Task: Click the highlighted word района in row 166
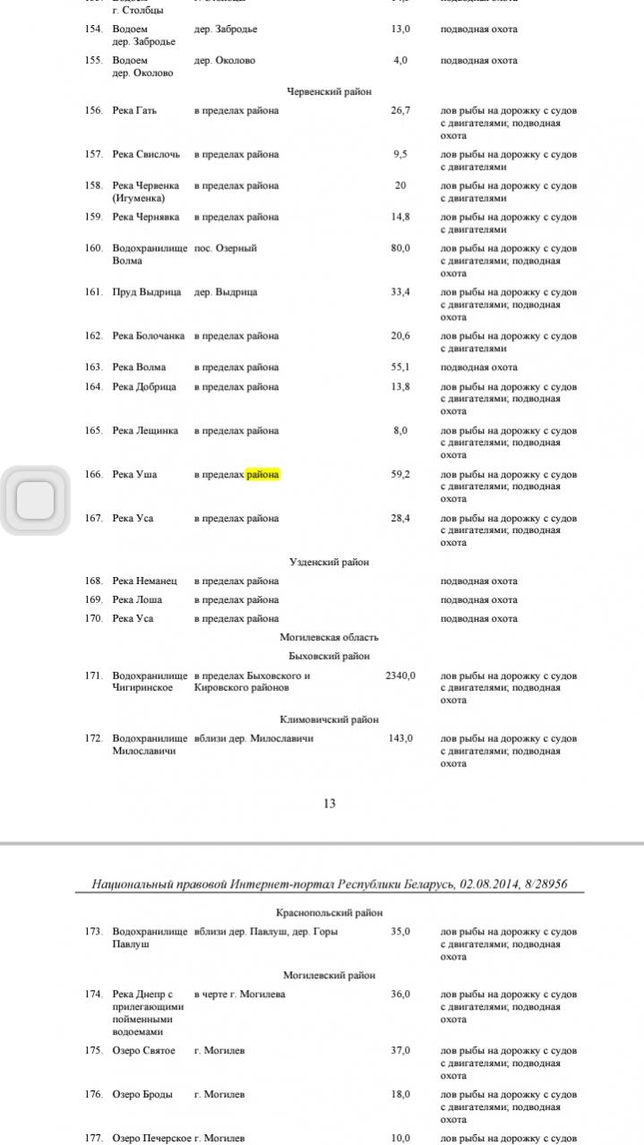click(x=263, y=474)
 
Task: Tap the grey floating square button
click(x=36, y=500)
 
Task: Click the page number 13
click(x=329, y=804)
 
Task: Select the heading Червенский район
click(x=329, y=91)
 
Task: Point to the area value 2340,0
click(x=399, y=676)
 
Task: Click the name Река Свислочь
click(x=146, y=154)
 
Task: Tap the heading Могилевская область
click(x=329, y=637)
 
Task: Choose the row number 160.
click(x=94, y=248)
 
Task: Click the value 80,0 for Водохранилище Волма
click(x=400, y=248)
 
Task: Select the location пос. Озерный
click(x=226, y=248)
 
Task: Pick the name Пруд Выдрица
click(x=147, y=292)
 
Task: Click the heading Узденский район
click(x=329, y=562)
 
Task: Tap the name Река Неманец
click(x=145, y=581)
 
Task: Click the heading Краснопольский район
click(x=329, y=912)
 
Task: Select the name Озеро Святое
click(x=144, y=1050)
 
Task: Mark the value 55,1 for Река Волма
click(x=400, y=367)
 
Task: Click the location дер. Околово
click(x=225, y=61)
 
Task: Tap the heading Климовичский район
click(x=329, y=719)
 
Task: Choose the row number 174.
click(x=94, y=994)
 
